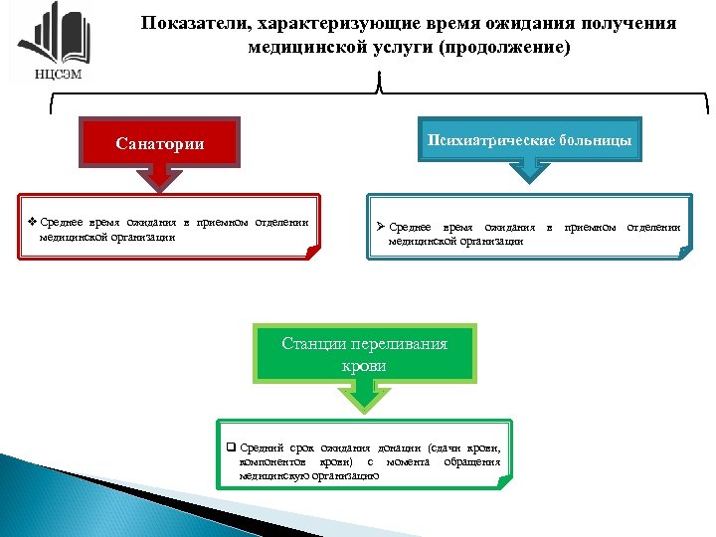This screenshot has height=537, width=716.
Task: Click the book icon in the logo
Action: coord(50,35)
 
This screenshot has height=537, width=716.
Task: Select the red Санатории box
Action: coord(160,143)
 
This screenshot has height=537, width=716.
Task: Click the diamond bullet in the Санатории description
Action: coord(33,223)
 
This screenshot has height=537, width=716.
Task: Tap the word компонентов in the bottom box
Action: coord(274,463)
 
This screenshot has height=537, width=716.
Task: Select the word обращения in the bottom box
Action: coord(471,463)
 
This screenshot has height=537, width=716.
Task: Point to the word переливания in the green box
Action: coord(398,344)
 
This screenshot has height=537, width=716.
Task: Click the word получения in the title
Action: coord(630,23)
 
